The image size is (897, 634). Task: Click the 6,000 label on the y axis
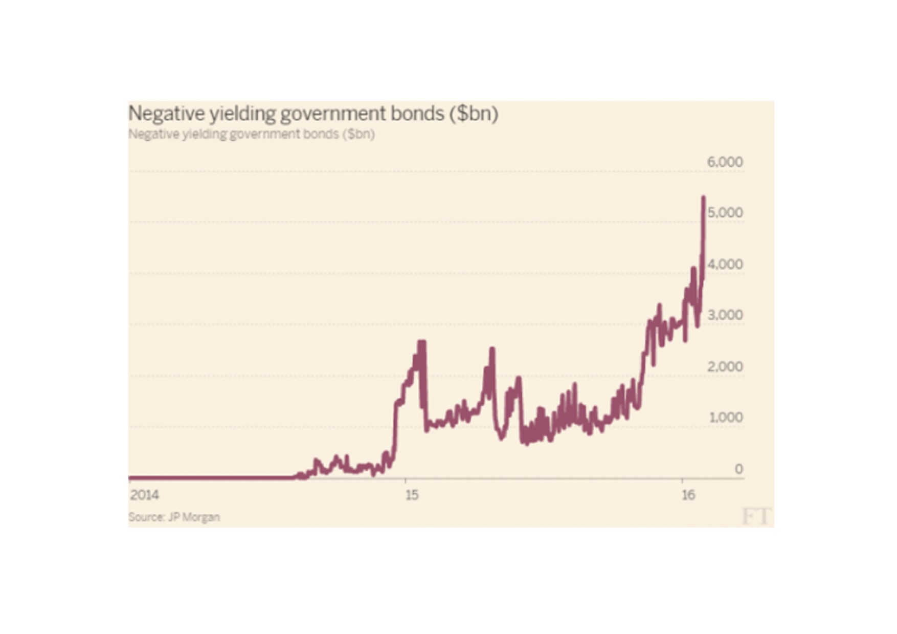[725, 162]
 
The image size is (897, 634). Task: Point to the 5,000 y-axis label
[725, 213]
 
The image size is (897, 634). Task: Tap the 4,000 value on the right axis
[725, 265]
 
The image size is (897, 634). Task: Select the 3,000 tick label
[725, 315]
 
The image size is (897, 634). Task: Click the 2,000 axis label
[725, 367]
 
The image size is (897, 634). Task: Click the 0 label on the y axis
[738, 469]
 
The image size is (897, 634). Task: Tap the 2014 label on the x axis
[144, 495]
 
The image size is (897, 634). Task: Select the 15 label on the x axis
[412, 495]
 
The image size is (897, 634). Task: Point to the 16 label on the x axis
[688, 495]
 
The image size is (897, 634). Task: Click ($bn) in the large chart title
[474, 114]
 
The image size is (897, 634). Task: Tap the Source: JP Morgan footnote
[174, 517]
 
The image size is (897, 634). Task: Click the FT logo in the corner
[756, 516]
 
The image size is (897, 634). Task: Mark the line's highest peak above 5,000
[704, 198]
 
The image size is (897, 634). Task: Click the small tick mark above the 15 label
[406, 480]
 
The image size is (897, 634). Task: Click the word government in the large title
[333, 114]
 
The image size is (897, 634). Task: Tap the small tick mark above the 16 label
[682, 480]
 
